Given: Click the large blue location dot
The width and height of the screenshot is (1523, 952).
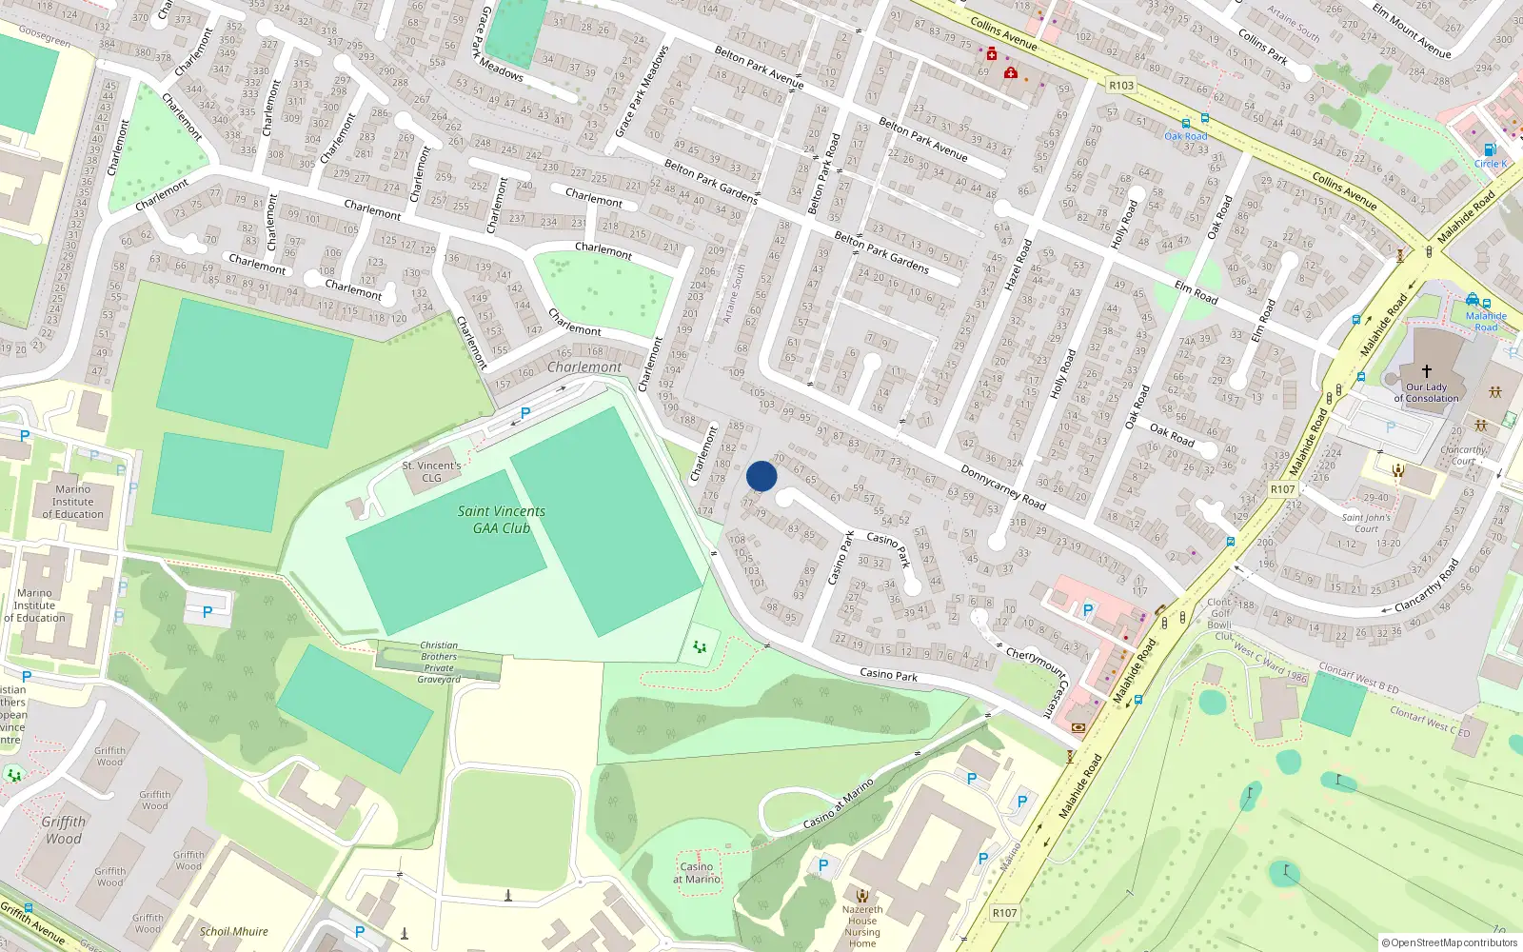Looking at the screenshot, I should click(x=761, y=476).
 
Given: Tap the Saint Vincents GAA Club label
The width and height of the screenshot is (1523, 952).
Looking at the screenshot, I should click(x=502, y=520).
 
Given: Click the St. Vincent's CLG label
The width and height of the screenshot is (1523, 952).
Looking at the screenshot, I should click(x=431, y=471).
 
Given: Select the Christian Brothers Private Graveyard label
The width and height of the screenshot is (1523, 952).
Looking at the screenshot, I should click(x=439, y=663).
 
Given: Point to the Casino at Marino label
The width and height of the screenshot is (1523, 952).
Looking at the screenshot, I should click(x=697, y=873).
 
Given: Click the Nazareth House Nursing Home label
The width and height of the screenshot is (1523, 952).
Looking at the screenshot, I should click(x=862, y=926).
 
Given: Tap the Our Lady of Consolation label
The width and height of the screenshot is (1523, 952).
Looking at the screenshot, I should click(x=1426, y=392).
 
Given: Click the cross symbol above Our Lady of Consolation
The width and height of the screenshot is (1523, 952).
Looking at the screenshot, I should click(x=1427, y=371).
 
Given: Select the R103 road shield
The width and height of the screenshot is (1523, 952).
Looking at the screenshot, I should click(x=1121, y=86).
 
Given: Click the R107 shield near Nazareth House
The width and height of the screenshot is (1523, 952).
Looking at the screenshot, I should click(x=1004, y=913).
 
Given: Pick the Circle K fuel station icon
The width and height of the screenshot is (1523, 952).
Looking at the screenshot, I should click(x=1490, y=149).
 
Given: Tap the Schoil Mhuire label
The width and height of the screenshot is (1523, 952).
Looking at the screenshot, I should click(x=234, y=932).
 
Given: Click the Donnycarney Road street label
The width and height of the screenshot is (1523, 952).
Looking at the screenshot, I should click(x=1002, y=486).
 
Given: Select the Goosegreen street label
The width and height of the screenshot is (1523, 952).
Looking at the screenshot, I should click(x=45, y=36).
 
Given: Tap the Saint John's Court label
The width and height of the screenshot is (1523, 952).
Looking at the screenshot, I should click(x=1366, y=524).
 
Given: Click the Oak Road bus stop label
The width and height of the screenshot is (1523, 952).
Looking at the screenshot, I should click(x=1186, y=136).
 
